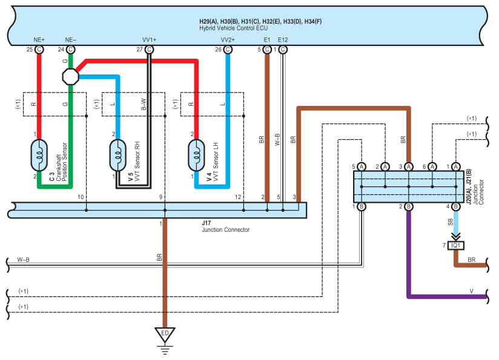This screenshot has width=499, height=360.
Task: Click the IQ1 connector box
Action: (455, 246)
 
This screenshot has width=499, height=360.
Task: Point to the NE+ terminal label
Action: (39, 40)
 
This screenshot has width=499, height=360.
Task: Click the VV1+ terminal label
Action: (149, 40)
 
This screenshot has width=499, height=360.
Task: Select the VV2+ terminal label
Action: (228, 40)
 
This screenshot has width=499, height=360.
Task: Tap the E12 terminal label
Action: (283, 40)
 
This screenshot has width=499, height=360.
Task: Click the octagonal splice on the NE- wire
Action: (71, 76)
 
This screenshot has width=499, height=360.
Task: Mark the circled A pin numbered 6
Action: (432, 166)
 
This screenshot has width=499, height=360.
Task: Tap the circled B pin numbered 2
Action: (409, 207)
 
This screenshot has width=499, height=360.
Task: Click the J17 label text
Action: (207, 223)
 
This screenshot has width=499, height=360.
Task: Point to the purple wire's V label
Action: (471, 290)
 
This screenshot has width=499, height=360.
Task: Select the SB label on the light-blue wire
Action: (449, 223)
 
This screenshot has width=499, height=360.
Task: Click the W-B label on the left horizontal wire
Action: (24, 260)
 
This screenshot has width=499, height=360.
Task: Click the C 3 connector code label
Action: (51, 176)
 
